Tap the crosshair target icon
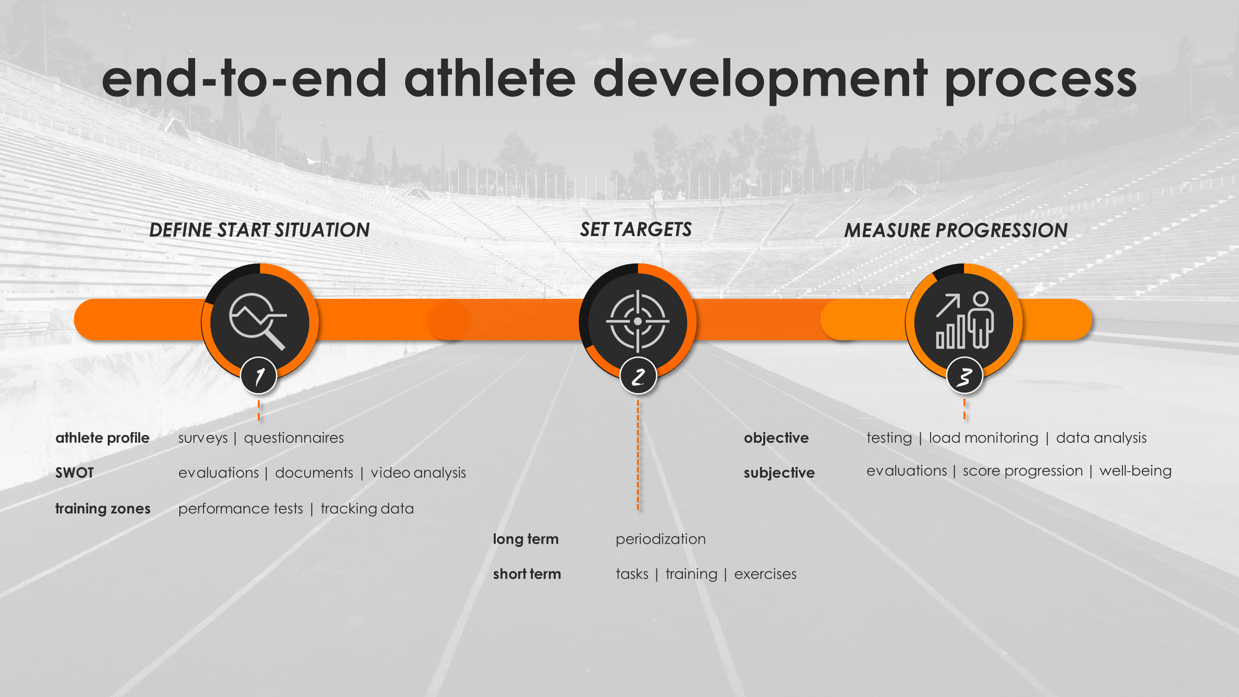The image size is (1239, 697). pos(638,321)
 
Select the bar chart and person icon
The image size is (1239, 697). pos(964,320)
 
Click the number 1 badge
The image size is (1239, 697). pos(259,375)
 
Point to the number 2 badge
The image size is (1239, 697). pos(638,375)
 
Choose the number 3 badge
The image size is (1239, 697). pos(964,375)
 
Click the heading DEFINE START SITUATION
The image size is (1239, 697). pos(259,230)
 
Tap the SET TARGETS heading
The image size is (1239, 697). pos(636,230)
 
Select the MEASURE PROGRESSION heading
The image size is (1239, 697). pos(956,230)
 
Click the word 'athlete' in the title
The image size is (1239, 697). pos(490,79)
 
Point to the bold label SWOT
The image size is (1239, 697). pos(74,473)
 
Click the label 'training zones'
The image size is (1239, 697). pos(103,508)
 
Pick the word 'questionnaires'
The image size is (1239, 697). pos(294,438)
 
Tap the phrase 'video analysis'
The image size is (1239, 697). pos(419,473)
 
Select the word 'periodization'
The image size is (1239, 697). pos(661,539)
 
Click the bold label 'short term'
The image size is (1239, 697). pos(527,574)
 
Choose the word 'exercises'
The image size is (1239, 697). pos(765,574)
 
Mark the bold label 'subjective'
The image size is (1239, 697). pos(779,473)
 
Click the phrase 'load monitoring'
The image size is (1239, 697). pos(983,438)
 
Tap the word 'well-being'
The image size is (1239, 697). pos(1135,471)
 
